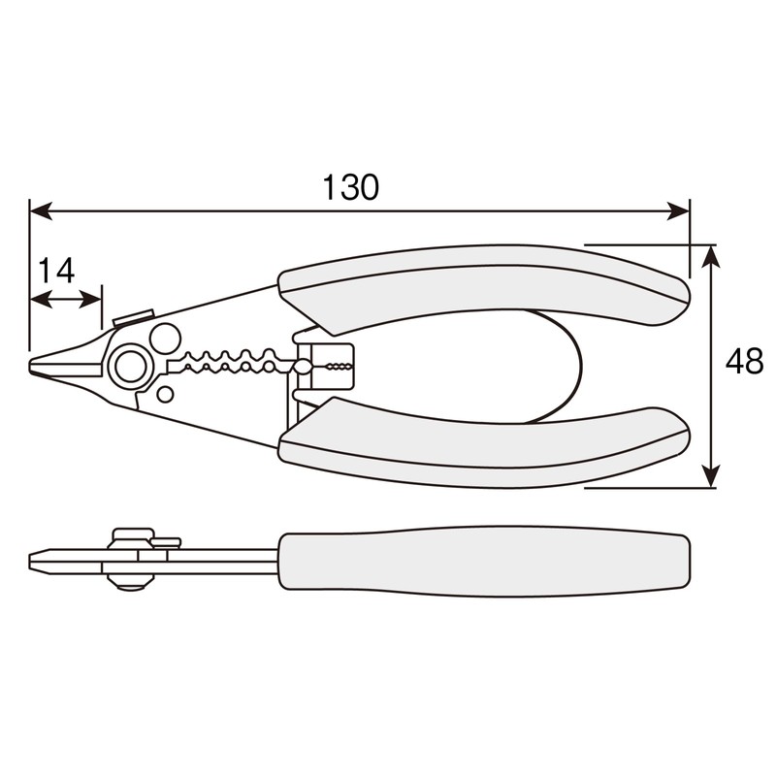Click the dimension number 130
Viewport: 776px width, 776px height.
click(351, 187)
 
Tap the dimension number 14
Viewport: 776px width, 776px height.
click(56, 271)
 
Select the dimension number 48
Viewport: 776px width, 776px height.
click(744, 363)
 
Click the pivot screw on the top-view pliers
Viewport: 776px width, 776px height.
click(128, 366)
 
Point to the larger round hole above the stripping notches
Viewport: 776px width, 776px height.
click(165, 338)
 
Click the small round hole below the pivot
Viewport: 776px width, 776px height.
click(165, 394)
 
